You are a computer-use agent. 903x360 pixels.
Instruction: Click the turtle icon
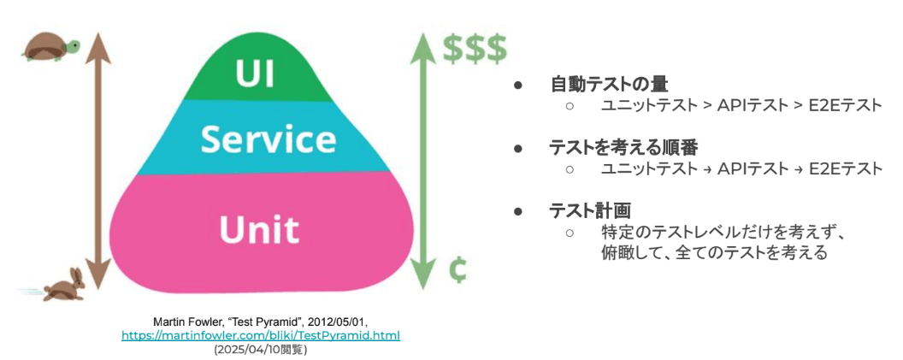pos(50,48)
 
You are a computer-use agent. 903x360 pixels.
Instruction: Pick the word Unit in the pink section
pos(258,228)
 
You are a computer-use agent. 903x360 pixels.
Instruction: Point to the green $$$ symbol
pos(475,48)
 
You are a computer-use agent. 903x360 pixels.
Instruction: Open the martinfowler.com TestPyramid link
pos(261,335)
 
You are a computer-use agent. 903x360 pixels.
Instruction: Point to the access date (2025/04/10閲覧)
pos(261,349)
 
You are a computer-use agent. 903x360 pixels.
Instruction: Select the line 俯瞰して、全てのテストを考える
pos(714,253)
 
